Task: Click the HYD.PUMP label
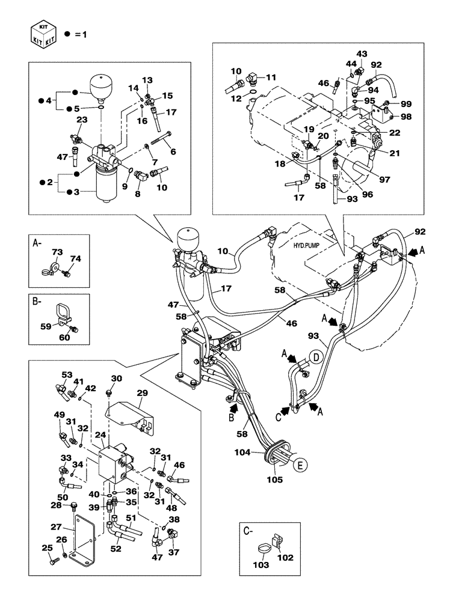click(x=307, y=246)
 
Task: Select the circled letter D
click(x=316, y=358)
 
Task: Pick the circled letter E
click(x=300, y=465)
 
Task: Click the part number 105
click(x=275, y=480)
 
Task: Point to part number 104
click(x=242, y=453)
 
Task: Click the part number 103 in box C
click(x=261, y=564)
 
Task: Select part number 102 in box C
click(x=285, y=557)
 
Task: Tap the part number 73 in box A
click(x=57, y=252)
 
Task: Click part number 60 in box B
click(x=64, y=337)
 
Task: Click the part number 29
click(x=142, y=393)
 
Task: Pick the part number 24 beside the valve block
click(x=100, y=435)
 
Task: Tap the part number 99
click(x=406, y=104)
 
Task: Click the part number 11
click(x=271, y=77)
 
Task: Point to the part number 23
click(x=82, y=120)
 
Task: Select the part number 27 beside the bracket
click(x=56, y=527)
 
